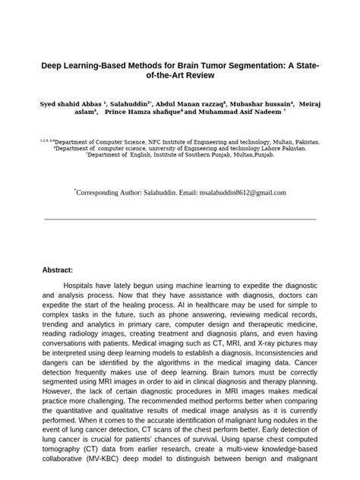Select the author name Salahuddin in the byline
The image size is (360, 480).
pyautogui.click(x=130, y=101)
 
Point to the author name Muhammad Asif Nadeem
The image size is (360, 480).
pyautogui.click(x=234, y=111)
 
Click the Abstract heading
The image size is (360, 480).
pyautogui.click(x=58, y=270)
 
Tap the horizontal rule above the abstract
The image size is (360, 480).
pyautogui.click(x=180, y=219)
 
